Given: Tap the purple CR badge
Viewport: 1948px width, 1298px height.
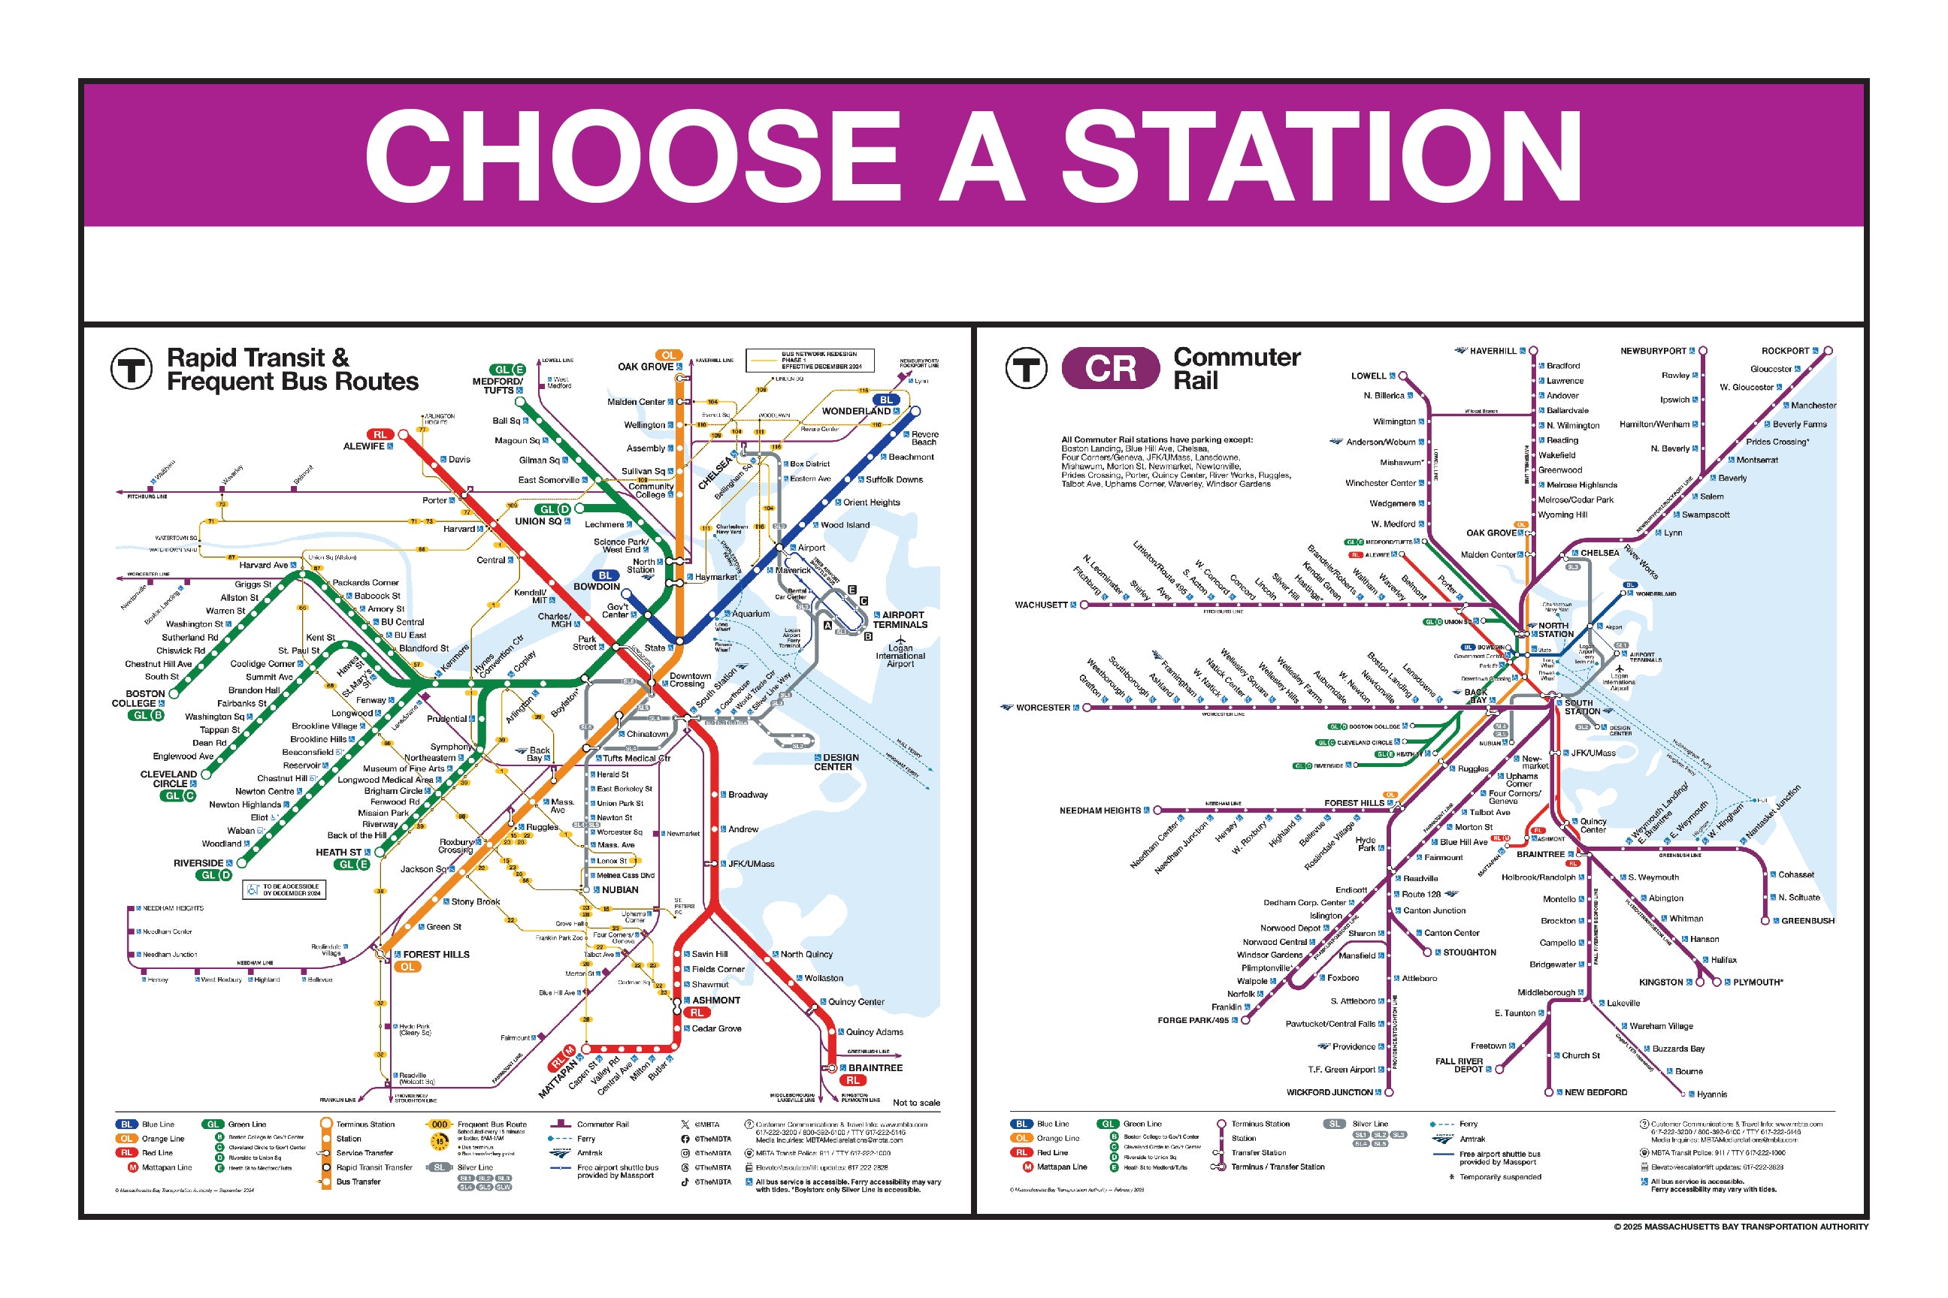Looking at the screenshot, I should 1110,368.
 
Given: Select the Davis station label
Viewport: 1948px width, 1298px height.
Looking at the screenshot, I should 459,460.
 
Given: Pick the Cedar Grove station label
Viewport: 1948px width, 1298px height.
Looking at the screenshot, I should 716,1028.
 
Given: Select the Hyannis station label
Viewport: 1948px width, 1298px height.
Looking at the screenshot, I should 1712,1094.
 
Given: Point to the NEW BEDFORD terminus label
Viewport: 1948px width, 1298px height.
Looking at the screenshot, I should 1596,1092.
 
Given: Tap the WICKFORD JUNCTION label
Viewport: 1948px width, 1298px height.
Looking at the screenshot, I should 1329,1092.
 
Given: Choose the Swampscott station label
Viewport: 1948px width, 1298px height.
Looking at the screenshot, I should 1705,514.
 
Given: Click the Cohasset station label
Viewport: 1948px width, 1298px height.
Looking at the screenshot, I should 1795,874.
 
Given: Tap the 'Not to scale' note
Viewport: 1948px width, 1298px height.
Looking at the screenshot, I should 916,1103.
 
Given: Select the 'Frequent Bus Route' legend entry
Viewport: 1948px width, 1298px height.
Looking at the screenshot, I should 492,1124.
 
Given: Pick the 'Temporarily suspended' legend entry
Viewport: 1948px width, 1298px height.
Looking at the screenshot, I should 1500,1176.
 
